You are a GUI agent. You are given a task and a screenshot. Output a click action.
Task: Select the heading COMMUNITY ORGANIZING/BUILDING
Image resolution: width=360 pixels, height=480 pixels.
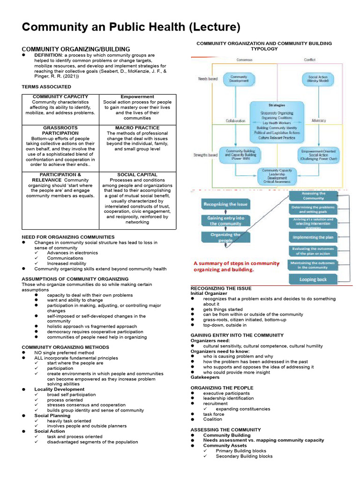pyautogui.click(x=76, y=49)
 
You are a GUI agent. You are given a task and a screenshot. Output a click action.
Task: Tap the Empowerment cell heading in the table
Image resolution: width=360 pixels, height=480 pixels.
pyautogui.click(x=137, y=97)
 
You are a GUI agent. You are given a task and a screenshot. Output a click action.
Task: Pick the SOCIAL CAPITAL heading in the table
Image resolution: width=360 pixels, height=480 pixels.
pyautogui.click(x=137, y=174)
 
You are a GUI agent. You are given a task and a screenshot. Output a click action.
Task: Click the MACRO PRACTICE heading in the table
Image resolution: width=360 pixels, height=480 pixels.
pyautogui.click(x=137, y=127)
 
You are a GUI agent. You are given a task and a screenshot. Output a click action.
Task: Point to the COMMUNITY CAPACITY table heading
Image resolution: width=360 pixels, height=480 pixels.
pyautogui.click(x=60, y=97)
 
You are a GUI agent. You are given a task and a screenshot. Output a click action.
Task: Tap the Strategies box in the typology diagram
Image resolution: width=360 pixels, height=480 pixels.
pyautogui.click(x=277, y=120)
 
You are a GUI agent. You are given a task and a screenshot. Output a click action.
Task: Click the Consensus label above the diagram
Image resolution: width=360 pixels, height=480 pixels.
pyautogui.click(x=245, y=60)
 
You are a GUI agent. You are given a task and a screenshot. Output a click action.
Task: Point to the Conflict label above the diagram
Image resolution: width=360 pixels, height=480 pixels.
pyautogui.click(x=310, y=60)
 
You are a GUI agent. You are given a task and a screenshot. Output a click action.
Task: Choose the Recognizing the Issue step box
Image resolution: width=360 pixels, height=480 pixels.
pyautogui.click(x=226, y=204)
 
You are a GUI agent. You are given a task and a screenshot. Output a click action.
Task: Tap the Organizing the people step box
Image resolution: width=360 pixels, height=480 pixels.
pyautogui.click(x=226, y=237)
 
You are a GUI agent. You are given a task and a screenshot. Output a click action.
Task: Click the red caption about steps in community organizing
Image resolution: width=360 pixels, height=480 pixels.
pyautogui.click(x=236, y=266)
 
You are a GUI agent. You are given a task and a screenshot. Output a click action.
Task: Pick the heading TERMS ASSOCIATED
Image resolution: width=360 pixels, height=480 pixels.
pyautogui.click(x=46, y=87)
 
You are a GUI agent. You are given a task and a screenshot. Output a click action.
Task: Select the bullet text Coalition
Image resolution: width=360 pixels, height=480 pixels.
pyautogui.click(x=212, y=420)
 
